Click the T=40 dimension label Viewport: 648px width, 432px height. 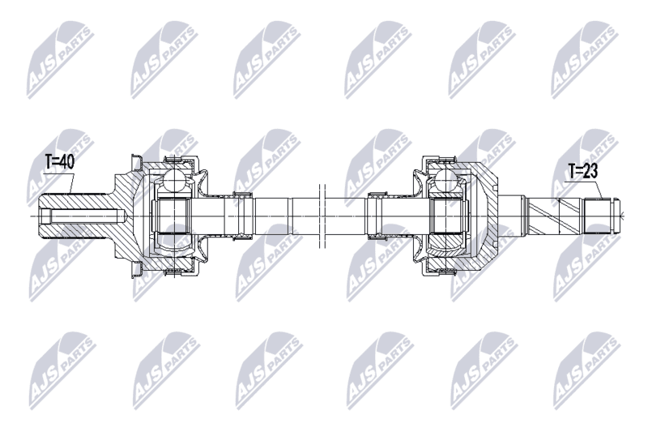pyautogui.click(x=59, y=162)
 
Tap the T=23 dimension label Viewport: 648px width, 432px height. pyautogui.click(x=582, y=171)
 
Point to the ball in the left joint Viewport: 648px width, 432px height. pyautogui.click(x=176, y=180)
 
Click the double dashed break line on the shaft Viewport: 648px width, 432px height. pyautogui.click(x=322, y=216)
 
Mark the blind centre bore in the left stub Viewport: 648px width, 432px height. pyautogui.click(x=83, y=216)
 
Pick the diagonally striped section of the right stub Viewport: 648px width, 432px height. pyautogui.click(x=555, y=216)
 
